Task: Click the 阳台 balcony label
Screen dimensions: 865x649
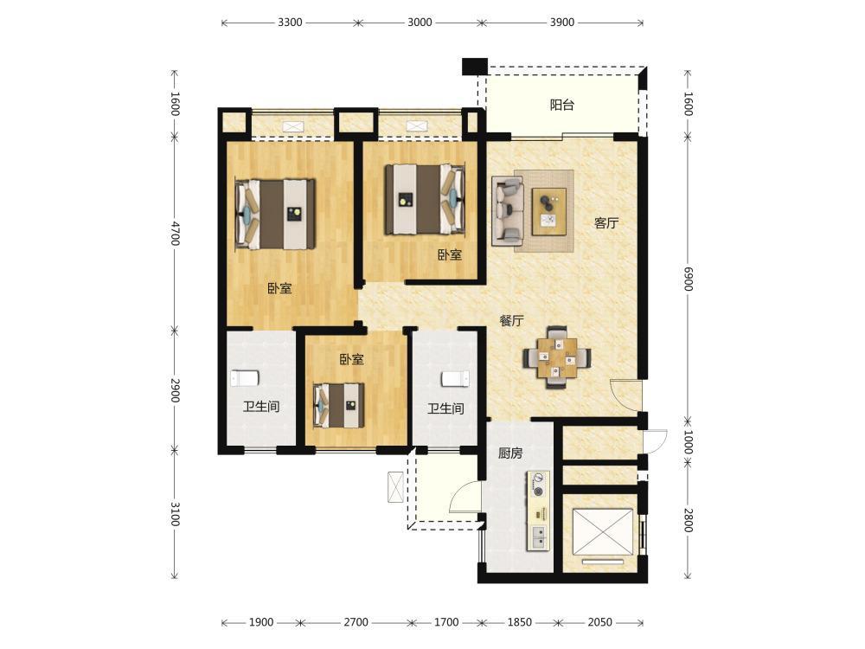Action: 562,105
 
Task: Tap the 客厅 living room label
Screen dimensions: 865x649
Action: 605,223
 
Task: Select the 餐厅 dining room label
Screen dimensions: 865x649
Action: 511,321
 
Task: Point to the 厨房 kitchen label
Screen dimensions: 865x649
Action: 510,453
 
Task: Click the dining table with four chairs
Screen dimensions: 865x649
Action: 557,357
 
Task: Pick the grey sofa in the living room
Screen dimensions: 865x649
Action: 508,211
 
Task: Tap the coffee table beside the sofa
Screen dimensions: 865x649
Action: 549,212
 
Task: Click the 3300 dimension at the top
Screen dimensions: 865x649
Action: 290,22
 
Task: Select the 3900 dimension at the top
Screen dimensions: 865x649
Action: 561,22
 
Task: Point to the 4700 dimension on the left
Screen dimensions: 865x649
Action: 175,234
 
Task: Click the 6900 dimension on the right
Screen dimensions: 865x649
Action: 688,279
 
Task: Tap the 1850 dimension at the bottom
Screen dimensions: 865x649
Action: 519,622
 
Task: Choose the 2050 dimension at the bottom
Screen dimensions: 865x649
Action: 599,622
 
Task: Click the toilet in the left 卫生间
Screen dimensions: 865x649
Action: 245,378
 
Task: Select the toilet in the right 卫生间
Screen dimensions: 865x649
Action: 455,379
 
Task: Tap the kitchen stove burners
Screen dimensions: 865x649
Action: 539,485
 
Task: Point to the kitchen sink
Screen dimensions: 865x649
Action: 539,536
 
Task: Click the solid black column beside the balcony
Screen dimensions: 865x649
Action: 474,67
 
